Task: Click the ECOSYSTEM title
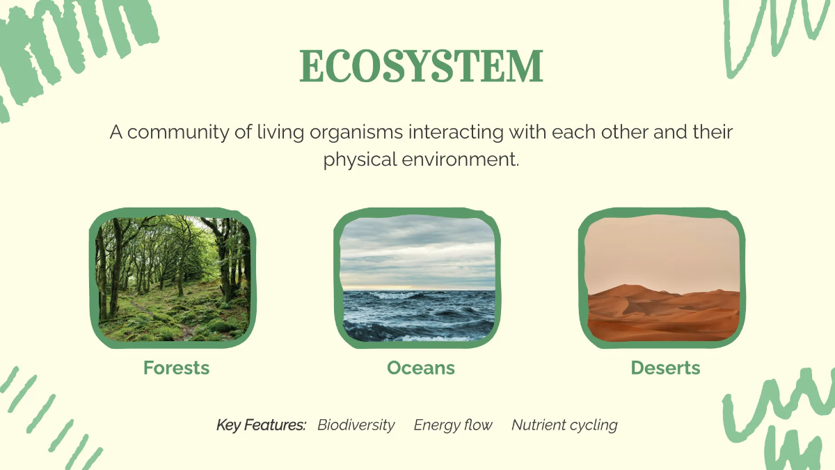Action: [x=421, y=68]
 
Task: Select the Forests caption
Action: [x=176, y=368]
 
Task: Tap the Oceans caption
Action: [x=421, y=368]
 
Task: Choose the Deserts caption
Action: [x=665, y=368]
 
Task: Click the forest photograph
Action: [x=173, y=279]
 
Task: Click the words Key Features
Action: [x=261, y=425]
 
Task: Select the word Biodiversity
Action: [x=356, y=425]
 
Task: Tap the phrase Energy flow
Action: [x=453, y=425]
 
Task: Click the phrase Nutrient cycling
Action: [x=564, y=425]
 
